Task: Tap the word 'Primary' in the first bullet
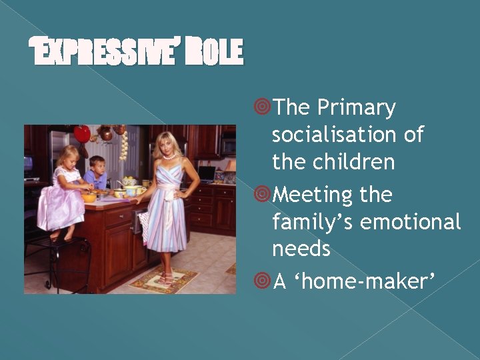(356, 107)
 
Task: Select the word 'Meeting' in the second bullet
(313, 195)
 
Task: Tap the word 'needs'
(301, 249)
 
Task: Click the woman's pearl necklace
(168, 157)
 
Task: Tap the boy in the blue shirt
(97, 173)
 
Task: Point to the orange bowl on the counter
(89, 198)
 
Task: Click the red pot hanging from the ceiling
(82, 134)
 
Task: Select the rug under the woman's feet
(164, 281)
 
